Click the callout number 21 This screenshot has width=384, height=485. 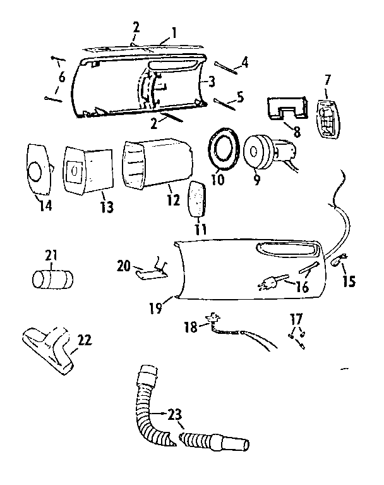point(51,255)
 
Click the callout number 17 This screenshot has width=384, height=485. point(296,318)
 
